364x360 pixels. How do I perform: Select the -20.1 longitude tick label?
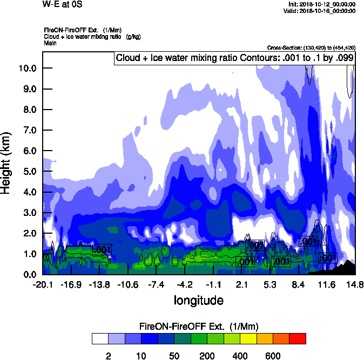43,284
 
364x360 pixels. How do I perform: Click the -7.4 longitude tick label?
157,284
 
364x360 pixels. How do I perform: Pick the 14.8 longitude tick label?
355,284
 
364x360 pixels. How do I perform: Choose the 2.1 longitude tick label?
242,284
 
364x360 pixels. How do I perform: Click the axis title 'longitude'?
198,300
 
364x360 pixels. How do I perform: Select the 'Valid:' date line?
321,11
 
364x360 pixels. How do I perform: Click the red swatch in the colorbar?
298,338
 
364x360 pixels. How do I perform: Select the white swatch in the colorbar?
100,338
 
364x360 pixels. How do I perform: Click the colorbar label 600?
273,356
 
